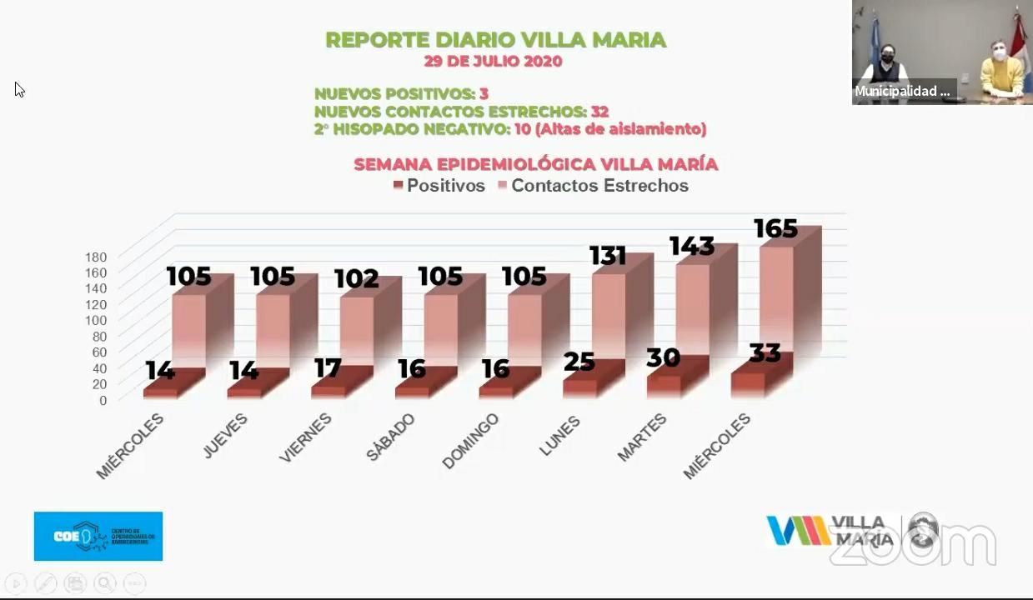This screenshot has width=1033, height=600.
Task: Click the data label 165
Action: click(775, 229)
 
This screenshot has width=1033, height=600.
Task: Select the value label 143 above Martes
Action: click(691, 247)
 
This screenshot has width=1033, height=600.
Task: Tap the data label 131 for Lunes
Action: click(608, 256)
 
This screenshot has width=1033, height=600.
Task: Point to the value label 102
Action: click(356, 279)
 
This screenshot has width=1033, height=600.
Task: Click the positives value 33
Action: click(765, 354)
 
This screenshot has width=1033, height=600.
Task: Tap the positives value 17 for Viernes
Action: click(328, 367)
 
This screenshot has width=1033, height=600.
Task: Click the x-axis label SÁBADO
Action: click(390, 437)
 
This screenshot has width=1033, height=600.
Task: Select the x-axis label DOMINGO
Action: click(470, 441)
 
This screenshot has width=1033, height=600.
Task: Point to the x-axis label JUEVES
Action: click(225, 436)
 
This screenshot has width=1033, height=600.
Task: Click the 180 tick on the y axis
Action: click(96, 257)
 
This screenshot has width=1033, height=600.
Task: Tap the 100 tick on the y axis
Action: click(96, 320)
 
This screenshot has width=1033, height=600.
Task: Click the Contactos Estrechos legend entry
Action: click(593, 186)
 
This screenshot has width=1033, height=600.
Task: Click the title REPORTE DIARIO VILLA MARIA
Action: click(495, 40)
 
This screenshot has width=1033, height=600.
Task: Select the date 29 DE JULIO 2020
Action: click(493, 62)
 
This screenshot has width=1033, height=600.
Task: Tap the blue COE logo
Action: click(98, 536)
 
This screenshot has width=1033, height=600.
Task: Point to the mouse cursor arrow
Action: click(18, 88)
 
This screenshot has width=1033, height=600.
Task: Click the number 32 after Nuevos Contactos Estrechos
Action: click(599, 112)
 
